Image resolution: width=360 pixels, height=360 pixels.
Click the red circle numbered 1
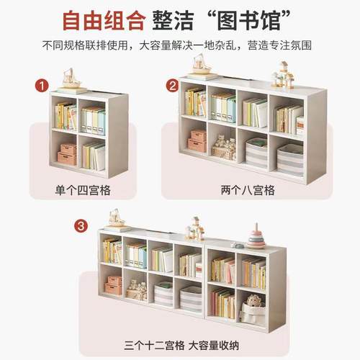(x=42, y=86)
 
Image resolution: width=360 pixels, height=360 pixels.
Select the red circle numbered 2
(x=172, y=86)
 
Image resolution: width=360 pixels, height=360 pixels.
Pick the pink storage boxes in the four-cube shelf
(x=68, y=153)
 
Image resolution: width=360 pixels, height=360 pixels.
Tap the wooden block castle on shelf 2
(x=282, y=76)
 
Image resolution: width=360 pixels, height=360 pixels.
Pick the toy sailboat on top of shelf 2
(x=202, y=65)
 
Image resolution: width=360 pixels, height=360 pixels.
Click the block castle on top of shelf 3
(x=194, y=230)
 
